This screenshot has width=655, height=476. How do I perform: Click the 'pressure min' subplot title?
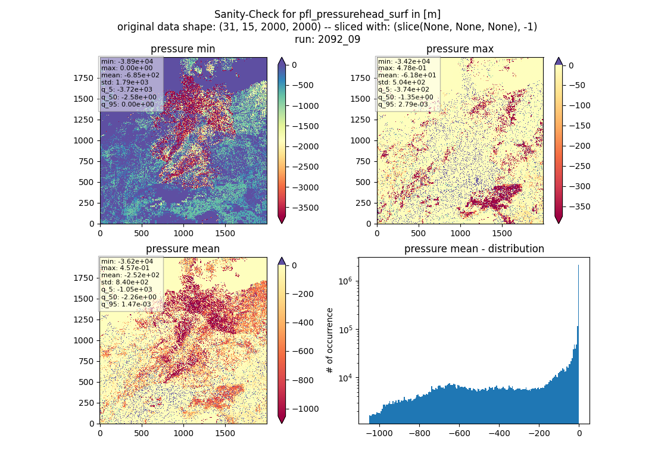pyautogui.click(x=183, y=49)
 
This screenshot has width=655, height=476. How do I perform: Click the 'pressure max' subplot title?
pyautogui.click(x=460, y=49)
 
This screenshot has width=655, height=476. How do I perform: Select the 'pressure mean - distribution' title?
pyautogui.click(x=474, y=249)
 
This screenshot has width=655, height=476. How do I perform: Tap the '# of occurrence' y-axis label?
pyautogui.click(x=330, y=341)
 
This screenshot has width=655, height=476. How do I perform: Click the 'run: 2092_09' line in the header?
pyautogui.click(x=327, y=39)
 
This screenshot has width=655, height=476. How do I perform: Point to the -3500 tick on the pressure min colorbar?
pyautogui.click(x=305, y=208)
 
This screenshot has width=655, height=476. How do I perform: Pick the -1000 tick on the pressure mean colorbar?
pyautogui.click(x=305, y=409)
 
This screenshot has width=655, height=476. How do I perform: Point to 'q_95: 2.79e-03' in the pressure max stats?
pyautogui.click(x=403, y=104)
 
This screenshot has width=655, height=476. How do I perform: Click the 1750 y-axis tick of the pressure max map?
pyautogui.click(x=360, y=78)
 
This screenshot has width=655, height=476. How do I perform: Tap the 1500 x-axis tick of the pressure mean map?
pyautogui.click(x=225, y=433)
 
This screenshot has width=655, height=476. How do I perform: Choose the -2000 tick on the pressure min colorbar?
pyautogui.click(x=305, y=146)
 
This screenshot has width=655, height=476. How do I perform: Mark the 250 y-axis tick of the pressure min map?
pyautogui.click(x=87, y=203)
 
